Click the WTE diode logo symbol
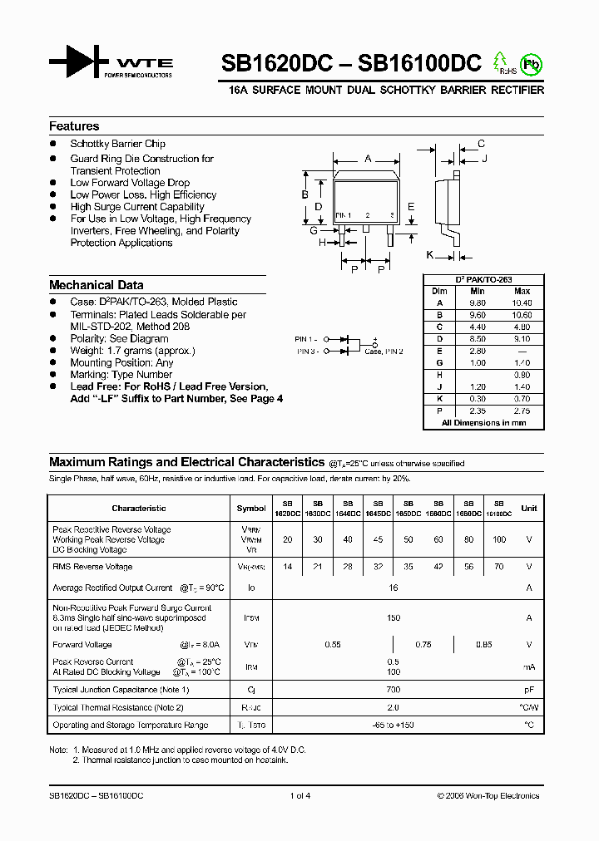click(x=79, y=61)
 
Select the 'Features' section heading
click(x=74, y=126)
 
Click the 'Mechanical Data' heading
click(x=97, y=285)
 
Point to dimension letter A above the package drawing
click(x=368, y=158)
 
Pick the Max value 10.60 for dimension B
click(x=522, y=315)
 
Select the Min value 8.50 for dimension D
click(x=478, y=339)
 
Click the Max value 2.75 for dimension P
click(x=522, y=411)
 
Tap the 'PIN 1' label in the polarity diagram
click(x=306, y=339)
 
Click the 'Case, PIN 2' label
click(x=384, y=352)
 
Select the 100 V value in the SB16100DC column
click(x=498, y=539)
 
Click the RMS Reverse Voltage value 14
click(x=287, y=567)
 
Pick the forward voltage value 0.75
click(x=423, y=644)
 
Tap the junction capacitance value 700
click(x=393, y=690)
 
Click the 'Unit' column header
click(x=529, y=508)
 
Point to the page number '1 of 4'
click(x=299, y=795)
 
